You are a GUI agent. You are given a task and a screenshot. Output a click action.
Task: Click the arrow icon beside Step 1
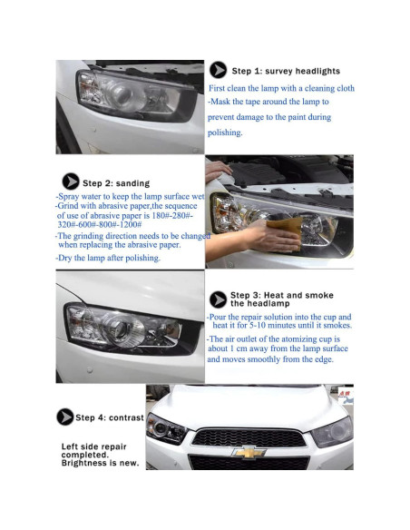219,70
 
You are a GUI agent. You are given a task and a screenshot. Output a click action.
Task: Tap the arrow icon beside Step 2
71,182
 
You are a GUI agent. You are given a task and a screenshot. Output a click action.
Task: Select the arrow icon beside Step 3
219,299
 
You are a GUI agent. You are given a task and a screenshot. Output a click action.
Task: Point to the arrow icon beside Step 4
65,417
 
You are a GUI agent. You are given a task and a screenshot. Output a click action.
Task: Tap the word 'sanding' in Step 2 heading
132,183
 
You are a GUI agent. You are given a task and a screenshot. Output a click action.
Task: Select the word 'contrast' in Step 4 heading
126,417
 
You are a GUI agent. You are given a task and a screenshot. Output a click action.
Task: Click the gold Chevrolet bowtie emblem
249,452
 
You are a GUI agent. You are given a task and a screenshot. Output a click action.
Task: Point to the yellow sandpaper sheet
286,231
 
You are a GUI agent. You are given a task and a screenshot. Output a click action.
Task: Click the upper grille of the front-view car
249,437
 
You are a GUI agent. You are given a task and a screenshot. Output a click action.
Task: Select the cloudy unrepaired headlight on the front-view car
332,432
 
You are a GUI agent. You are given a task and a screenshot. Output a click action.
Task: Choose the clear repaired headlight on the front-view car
166,428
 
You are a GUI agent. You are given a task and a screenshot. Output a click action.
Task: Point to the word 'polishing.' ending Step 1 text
225,132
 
